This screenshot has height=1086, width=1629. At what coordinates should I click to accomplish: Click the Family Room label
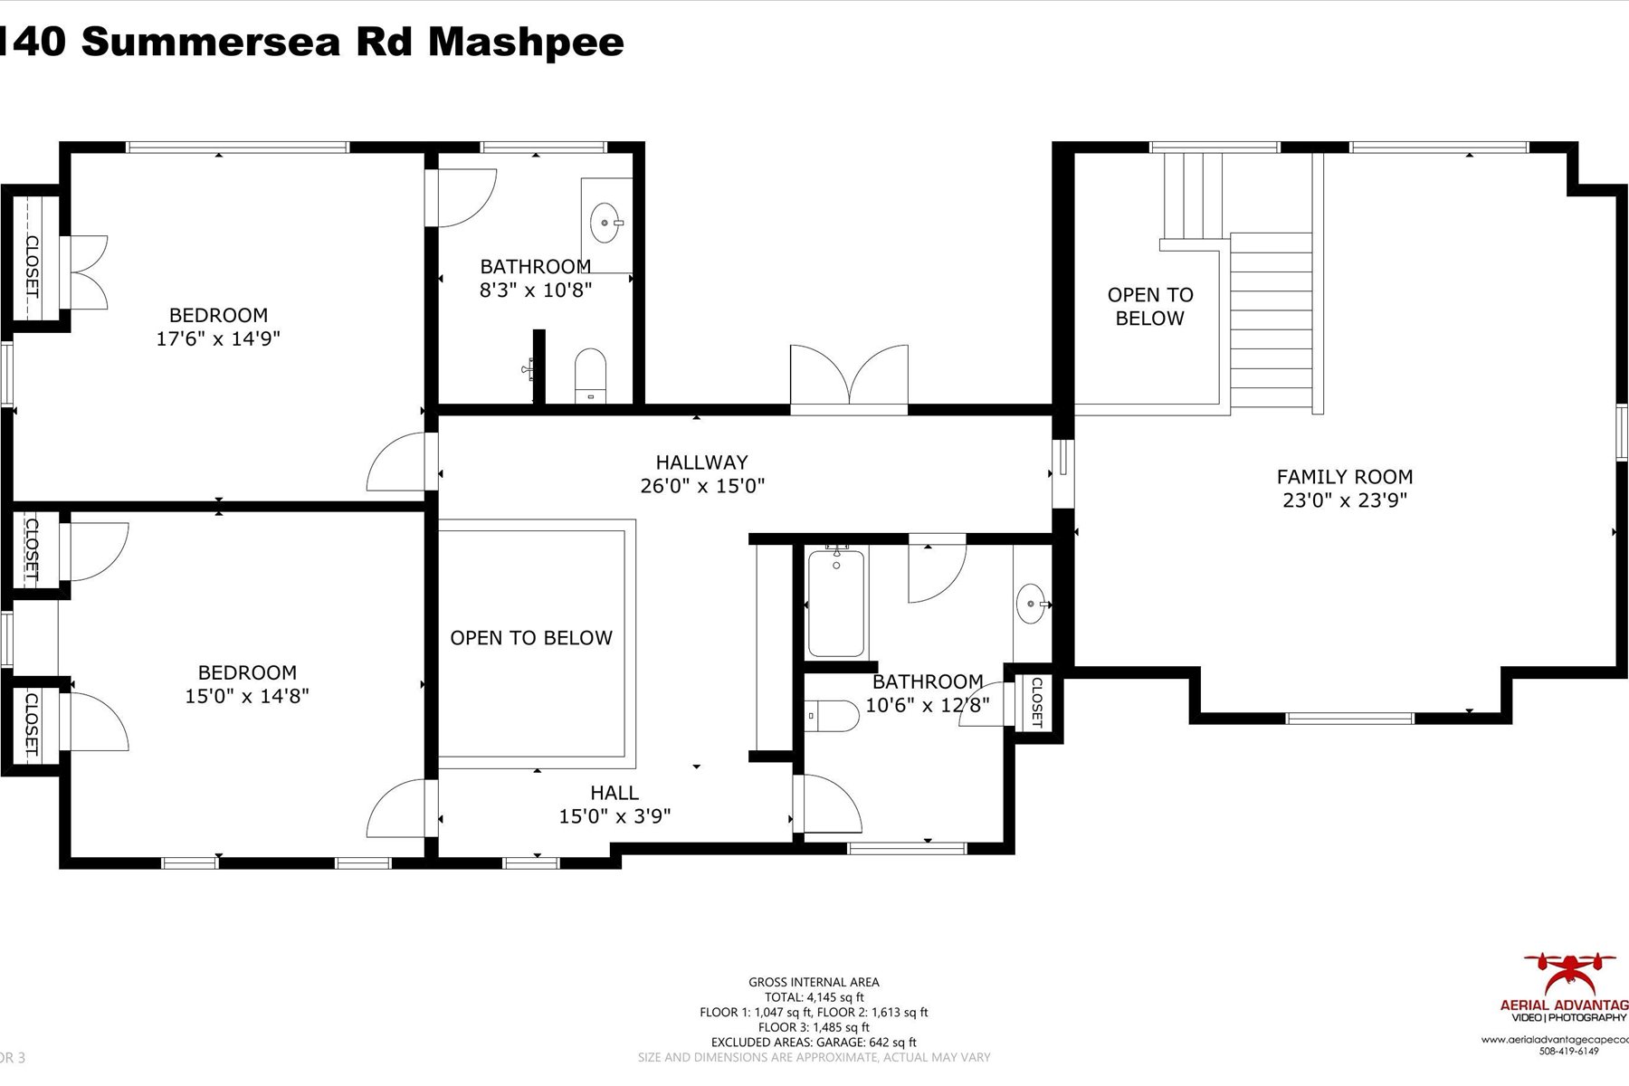pos(1344,477)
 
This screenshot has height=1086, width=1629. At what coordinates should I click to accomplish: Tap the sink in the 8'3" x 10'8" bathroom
pos(604,222)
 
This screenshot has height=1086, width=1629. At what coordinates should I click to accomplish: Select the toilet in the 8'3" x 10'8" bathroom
pos(589,374)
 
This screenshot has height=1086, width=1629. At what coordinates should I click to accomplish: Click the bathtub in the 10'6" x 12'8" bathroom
pos(835,602)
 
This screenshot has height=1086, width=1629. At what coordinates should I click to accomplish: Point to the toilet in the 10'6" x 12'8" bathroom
pos(832,716)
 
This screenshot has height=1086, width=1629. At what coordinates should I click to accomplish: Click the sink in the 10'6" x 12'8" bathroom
pos(1031,604)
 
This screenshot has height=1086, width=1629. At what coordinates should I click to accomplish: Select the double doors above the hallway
pos(849,378)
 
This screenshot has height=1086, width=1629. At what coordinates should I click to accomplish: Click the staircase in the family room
pos(1271,321)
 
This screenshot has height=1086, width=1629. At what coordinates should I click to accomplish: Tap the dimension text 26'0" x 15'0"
pos(702,486)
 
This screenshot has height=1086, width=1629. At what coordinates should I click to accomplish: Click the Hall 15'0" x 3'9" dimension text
pos(614,816)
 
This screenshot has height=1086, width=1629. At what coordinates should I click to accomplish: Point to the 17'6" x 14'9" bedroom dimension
pos(218,338)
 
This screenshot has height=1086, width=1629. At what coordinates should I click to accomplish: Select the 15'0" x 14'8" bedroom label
pos(247,672)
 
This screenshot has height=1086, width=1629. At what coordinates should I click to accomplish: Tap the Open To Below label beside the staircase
pos(1150,307)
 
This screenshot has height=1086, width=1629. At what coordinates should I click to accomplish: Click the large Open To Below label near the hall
pos(531,638)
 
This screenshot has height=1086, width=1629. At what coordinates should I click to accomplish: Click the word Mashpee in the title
pos(525,42)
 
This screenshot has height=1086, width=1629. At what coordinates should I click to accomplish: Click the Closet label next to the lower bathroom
pos(1036,702)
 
